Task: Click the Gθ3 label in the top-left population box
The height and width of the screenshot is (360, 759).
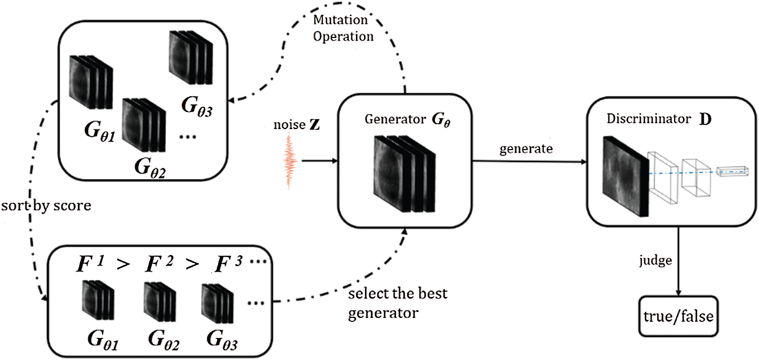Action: (x=197, y=106)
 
